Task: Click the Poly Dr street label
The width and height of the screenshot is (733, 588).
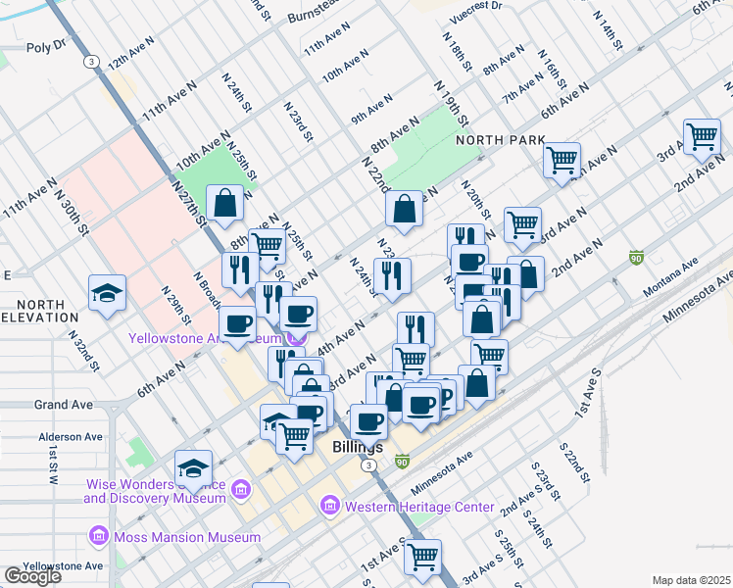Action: [x=45, y=46]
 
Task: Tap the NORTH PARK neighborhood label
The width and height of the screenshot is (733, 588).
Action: [x=500, y=140]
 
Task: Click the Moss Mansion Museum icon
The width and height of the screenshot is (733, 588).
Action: [x=97, y=537]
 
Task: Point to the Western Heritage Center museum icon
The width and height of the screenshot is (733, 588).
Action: [x=329, y=507]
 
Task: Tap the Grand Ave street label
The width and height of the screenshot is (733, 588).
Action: [x=63, y=404]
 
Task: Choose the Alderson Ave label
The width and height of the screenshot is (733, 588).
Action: [x=70, y=437]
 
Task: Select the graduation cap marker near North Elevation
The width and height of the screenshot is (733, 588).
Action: [x=107, y=291]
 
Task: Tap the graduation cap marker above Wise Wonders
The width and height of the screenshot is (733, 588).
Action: [x=194, y=466]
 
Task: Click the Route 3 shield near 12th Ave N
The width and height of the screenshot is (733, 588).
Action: [x=91, y=61]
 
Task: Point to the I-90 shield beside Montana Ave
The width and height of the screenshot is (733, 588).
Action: [x=636, y=257]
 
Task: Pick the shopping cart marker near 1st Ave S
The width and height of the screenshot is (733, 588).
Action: [x=423, y=556]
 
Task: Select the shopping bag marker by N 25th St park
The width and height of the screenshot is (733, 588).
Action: [x=225, y=203]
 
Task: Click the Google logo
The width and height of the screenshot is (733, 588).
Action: [x=32, y=576]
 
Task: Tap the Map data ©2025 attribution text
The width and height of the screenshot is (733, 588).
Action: [x=691, y=580]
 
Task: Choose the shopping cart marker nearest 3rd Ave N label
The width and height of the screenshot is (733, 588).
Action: [x=703, y=137]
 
